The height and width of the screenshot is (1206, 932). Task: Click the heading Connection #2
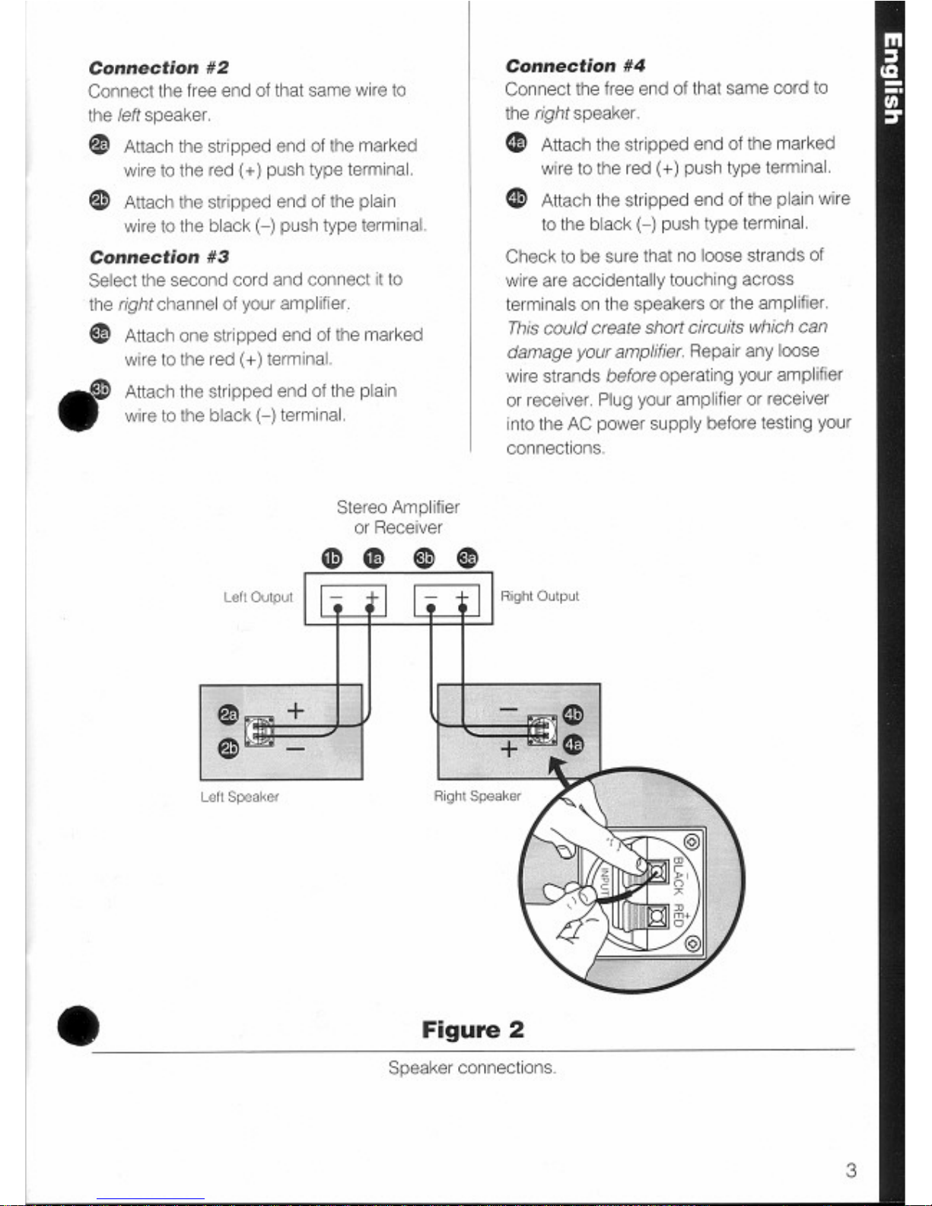pyautogui.click(x=159, y=68)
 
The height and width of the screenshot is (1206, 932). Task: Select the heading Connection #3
pyautogui.click(x=159, y=257)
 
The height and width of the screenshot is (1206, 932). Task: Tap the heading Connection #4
pyautogui.click(x=576, y=66)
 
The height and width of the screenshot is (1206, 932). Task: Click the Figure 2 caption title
pyautogui.click(x=472, y=1030)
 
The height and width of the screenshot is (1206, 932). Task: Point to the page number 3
pyautogui.click(x=851, y=1170)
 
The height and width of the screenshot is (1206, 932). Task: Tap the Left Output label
pyautogui.click(x=258, y=597)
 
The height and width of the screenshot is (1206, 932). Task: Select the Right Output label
pyautogui.click(x=539, y=596)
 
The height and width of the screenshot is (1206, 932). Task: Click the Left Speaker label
pyautogui.click(x=240, y=797)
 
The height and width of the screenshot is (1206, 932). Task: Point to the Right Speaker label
pyautogui.click(x=477, y=796)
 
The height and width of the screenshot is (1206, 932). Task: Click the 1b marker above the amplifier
pyautogui.click(x=332, y=558)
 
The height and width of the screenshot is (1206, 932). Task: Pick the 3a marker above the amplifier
pyautogui.click(x=466, y=558)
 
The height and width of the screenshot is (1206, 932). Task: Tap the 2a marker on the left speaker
pyautogui.click(x=227, y=714)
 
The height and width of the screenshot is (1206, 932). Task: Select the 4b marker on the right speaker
pyautogui.click(x=572, y=714)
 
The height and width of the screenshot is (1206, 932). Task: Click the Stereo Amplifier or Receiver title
pyautogui.click(x=398, y=517)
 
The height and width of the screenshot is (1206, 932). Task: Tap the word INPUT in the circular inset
pyautogui.click(x=606, y=882)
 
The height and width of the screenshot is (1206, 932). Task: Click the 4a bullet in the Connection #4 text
pyautogui.click(x=516, y=143)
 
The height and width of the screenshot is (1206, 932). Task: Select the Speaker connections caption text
pyautogui.click(x=472, y=1068)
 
